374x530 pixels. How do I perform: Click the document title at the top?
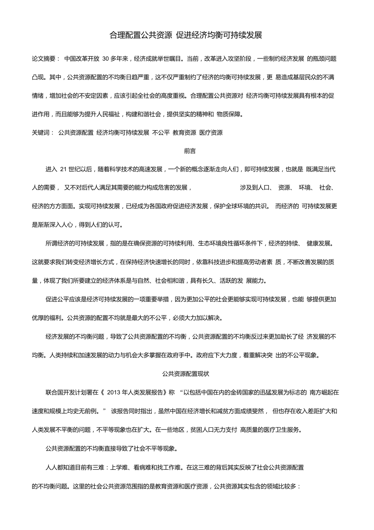click(186, 35)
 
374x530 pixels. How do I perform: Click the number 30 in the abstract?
click(107, 59)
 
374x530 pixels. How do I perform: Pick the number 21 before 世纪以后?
click(63, 169)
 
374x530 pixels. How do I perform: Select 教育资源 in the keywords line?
click(185, 133)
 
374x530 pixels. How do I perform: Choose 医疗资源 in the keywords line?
click(211, 133)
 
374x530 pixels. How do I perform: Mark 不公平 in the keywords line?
click(161, 133)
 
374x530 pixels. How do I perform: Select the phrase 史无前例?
click(87, 411)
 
